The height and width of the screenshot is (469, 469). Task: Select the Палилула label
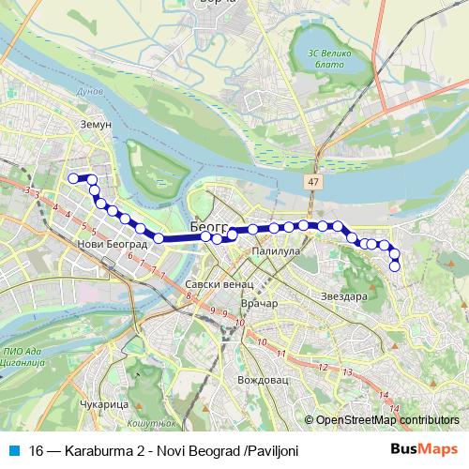click(275, 252)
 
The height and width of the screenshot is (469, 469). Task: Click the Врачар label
click(260, 305)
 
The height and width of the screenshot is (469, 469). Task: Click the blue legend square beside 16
click(11, 451)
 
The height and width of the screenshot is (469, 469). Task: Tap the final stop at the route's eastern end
click(395, 266)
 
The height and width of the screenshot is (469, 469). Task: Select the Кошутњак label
click(148, 425)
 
